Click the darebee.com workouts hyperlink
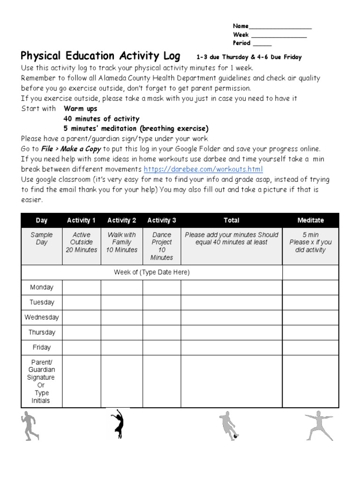point(203,169)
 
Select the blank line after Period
point(262,43)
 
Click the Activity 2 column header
point(121,220)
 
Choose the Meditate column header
point(310,220)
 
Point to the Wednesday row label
point(42,317)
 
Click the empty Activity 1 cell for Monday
point(81,287)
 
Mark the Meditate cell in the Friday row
point(310,347)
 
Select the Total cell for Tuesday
point(231,302)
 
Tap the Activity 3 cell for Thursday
point(162,332)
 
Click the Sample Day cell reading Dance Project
point(162,246)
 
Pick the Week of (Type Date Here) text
point(151,272)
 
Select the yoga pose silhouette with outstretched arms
point(319,426)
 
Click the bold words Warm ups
point(80,109)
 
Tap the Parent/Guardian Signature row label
point(41,381)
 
